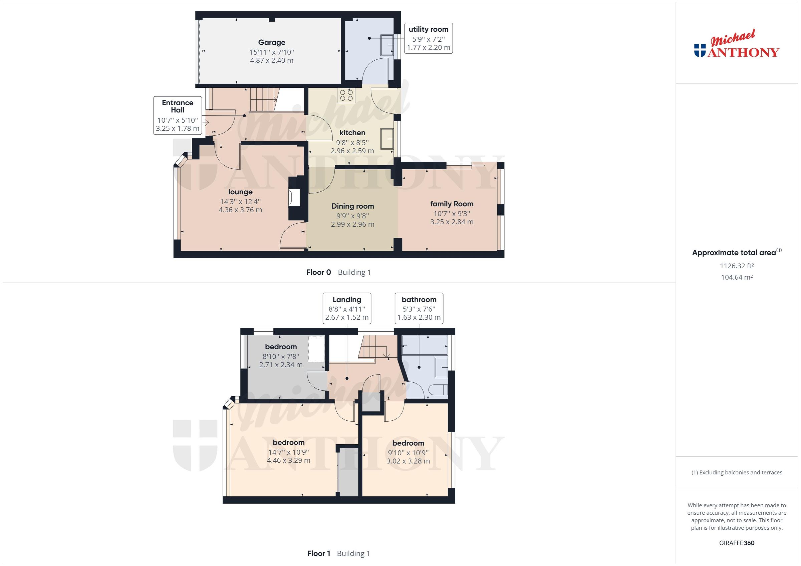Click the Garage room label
click(271, 43)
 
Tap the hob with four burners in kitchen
click(346, 95)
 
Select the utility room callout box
click(429, 38)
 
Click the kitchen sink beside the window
click(387, 139)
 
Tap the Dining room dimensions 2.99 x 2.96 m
click(352, 224)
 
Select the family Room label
click(452, 204)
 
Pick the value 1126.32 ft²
click(737, 266)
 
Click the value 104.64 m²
click(737, 277)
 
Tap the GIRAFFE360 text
click(737, 543)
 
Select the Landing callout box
click(347, 308)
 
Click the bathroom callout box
click(419, 308)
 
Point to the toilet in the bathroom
click(438, 390)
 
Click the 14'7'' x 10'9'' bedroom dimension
click(288, 452)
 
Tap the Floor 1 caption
click(318, 553)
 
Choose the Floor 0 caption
click(318, 272)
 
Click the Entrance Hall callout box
click(178, 115)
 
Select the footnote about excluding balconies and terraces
click(737, 473)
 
